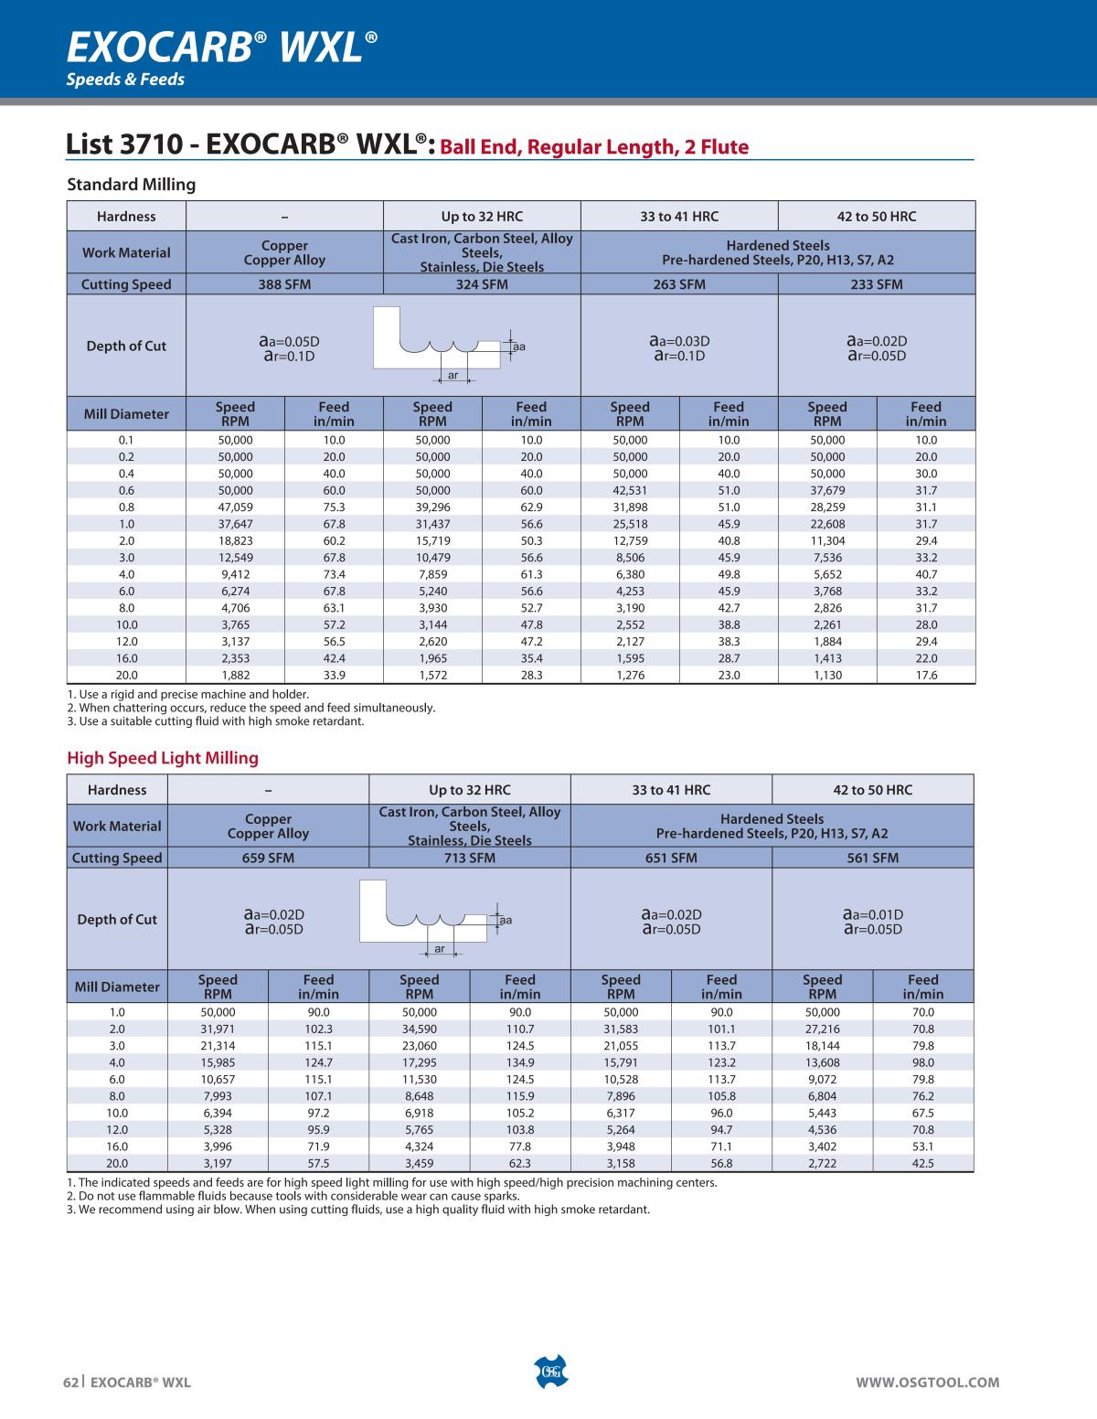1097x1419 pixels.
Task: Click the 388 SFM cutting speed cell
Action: [284, 284]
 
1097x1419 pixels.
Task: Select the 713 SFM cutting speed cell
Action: [469, 858]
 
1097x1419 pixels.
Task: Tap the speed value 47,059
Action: [235, 507]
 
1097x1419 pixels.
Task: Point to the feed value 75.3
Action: [334, 507]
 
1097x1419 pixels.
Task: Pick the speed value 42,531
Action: [630, 490]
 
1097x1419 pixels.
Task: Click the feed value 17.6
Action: [926, 676]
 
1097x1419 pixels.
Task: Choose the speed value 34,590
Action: [419, 1029]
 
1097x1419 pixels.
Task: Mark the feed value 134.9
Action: [520, 1062]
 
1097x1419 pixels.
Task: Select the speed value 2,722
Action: [822, 1163]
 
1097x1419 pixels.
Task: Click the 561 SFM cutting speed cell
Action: [872, 858]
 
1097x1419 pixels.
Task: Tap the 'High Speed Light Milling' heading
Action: [163, 758]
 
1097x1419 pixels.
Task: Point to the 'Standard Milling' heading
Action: [132, 185]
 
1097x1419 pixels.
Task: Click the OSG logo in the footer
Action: [549, 1371]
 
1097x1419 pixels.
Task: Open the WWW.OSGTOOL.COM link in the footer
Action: [927, 1382]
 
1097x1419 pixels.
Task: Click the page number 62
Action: [70, 1382]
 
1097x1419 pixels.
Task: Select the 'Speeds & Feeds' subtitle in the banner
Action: [125, 80]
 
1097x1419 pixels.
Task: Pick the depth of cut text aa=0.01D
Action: [872, 914]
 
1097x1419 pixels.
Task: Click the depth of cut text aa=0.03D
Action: [679, 341]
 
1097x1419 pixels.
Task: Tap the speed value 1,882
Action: [235, 676]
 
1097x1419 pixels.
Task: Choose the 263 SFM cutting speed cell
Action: [678, 284]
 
